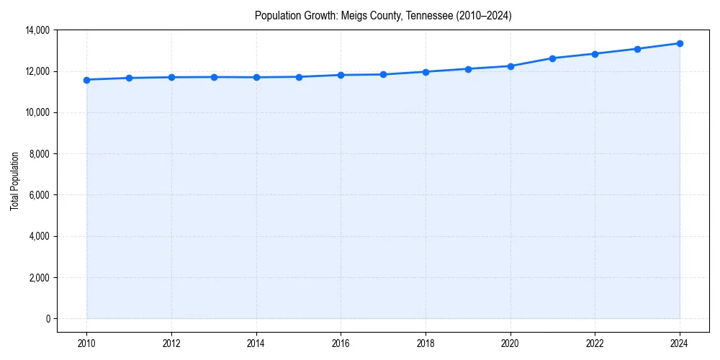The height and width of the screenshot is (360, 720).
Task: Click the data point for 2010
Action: pyautogui.click(x=86, y=80)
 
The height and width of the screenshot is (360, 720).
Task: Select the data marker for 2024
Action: pyautogui.click(x=680, y=43)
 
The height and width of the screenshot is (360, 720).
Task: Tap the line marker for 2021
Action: pyautogui.click(x=552, y=58)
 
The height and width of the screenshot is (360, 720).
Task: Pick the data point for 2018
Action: pyautogui.click(x=426, y=72)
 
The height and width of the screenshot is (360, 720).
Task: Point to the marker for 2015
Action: pyautogui.click(x=298, y=77)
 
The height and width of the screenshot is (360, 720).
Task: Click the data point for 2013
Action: pyautogui.click(x=214, y=77)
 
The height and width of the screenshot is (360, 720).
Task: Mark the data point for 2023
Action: pyautogui.click(x=637, y=49)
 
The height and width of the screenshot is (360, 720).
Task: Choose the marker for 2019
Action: pyautogui.click(x=468, y=69)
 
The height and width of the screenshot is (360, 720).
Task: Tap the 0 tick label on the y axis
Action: pyautogui.click(x=48, y=319)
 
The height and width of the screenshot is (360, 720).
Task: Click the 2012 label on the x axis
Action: pyautogui.click(x=171, y=343)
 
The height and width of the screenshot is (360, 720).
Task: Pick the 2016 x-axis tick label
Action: pyautogui.click(x=341, y=343)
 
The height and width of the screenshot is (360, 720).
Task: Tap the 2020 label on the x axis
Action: pyautogui.click(x=510, y=343)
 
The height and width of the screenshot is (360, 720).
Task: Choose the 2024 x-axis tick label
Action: pyautogui.click(x=680, y=343)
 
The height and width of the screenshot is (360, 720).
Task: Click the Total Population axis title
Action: pyautogui.click(x=14, y=181)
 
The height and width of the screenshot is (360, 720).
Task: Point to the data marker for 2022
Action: pyautogui.click(x=595, y=54)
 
